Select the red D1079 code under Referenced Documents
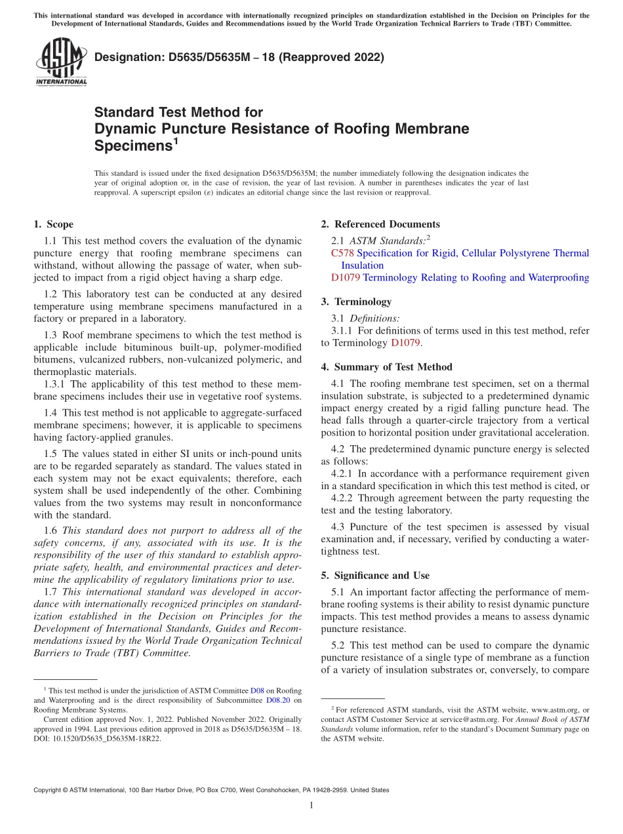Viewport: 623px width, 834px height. click(346, 277)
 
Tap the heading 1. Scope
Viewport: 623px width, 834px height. click(53, 224)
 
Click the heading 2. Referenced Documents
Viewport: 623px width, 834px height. click(380, 224)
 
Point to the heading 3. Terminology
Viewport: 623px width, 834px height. click(356, 302)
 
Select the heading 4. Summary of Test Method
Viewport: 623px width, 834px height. click(386, 367)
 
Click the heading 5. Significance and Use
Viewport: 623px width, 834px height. click(375, 576)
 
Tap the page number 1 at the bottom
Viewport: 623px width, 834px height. click(311, 805)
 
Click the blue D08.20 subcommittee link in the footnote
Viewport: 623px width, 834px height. click(279, 700)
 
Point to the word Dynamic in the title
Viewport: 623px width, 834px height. click(124, 129)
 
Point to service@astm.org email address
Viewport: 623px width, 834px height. click(474, 719)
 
